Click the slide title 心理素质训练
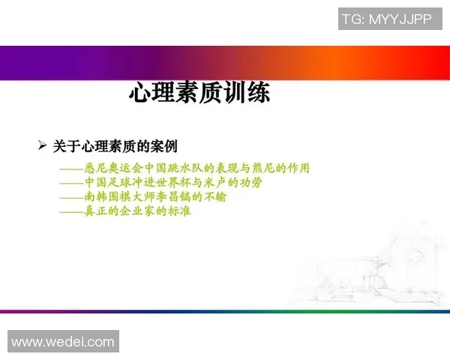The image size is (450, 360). (199, 94)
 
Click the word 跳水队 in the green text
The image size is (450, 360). (186, 168)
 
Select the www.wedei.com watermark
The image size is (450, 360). (63, 342)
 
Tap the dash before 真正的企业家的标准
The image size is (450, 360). (71, 211)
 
